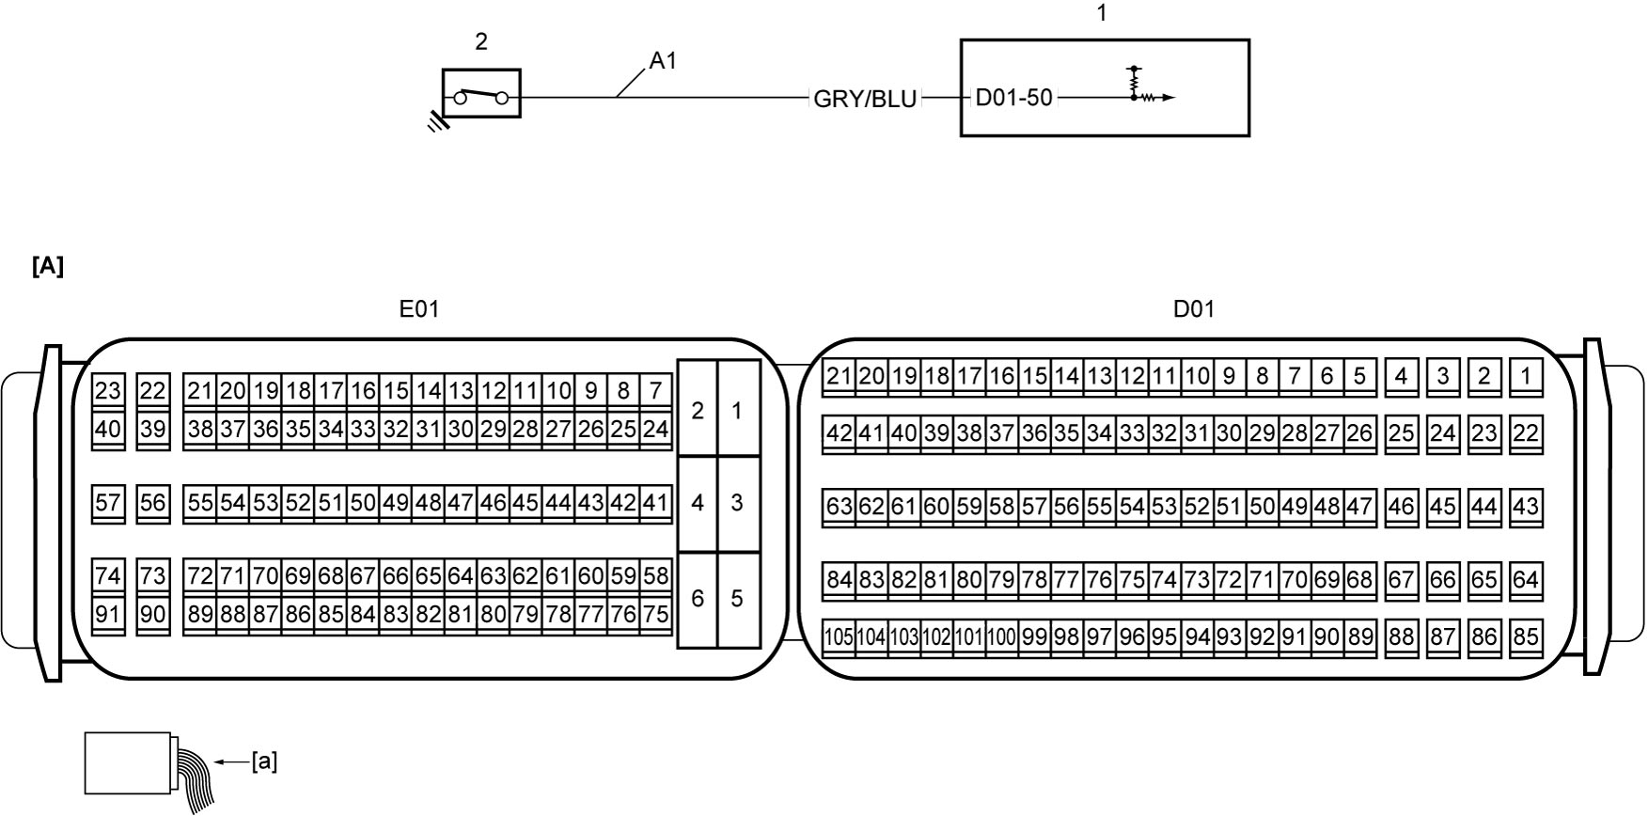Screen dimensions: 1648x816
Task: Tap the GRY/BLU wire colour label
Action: [x=865, y=99]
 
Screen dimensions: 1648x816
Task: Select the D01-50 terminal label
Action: [x=1014, y=98]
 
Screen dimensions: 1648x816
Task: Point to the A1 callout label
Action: [x=663, y=61]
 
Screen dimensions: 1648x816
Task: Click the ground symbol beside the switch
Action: [x=435, y=121]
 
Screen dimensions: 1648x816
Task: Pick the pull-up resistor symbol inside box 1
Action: [x=1135, y=82]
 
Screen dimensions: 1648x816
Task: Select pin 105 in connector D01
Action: [x=840, y=637]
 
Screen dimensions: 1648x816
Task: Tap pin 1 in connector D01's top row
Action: [x=1526, y=377]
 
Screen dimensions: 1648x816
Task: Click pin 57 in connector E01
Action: [x=108, y=503]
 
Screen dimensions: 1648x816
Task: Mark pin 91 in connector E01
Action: [x=108, y=615]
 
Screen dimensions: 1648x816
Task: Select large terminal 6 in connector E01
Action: [x=698, y=599]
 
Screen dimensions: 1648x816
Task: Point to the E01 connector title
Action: [x=419, y=308]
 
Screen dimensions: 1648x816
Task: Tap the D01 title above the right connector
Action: [x=1194, y=308]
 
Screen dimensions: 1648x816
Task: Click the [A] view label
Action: [x=48, y=267]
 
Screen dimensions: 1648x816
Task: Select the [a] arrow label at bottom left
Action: [x=264, y=761]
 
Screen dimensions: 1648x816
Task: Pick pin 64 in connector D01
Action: [x=1526, y=580]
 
